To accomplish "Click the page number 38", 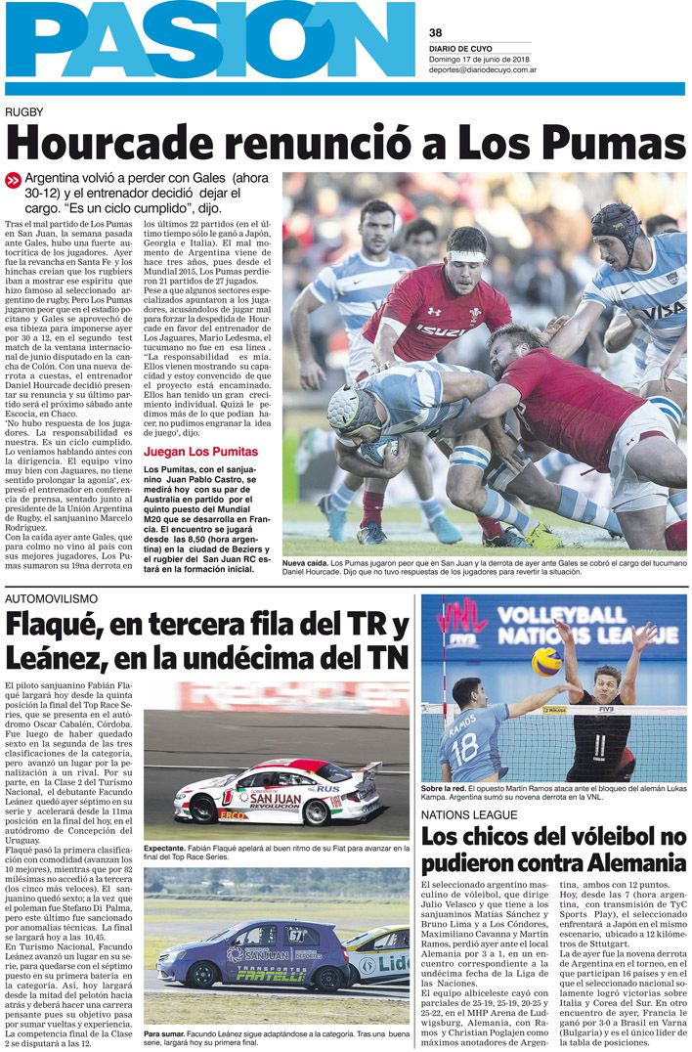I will [436, 32].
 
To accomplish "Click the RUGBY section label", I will [25, 112].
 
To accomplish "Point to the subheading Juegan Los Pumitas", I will [200, 452].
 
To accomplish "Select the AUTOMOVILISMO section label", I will [51, 596].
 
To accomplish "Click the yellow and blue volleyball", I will [546, 661].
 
